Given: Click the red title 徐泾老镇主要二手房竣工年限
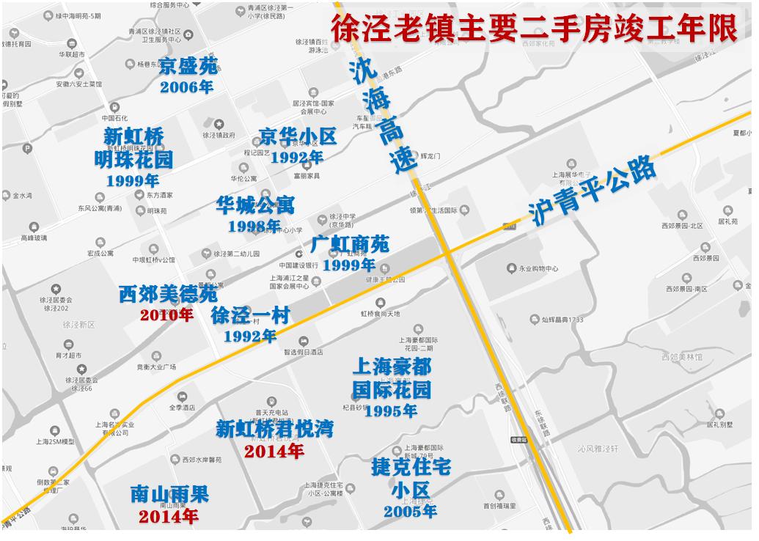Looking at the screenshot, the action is [x=534, y=29].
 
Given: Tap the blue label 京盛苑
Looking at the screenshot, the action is [x=188, y=66].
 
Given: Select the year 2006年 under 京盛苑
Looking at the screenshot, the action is [x=187, y=87].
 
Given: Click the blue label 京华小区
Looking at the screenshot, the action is [x=298, y=136].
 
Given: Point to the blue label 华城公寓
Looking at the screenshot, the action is [x=255, y=205].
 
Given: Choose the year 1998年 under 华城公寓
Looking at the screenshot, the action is [x=254, y=227].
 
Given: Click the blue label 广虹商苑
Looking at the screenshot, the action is [x=350, y=243].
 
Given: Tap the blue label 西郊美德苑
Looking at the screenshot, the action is [x=168, y=295].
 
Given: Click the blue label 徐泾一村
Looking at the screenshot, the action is [x=251, y=315].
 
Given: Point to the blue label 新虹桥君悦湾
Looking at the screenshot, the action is [x=274, y=429].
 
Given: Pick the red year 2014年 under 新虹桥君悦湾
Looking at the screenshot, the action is [x=274, y=451].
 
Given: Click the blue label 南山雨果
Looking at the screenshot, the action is [x=169, y=494].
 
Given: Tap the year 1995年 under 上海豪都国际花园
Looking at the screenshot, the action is [x=391, y=411].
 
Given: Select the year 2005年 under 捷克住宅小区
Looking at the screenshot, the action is [x=411, y=511].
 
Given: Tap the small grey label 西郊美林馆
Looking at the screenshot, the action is [x=681, y=357].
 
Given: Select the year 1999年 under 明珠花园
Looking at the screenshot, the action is [x=133, y=180].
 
